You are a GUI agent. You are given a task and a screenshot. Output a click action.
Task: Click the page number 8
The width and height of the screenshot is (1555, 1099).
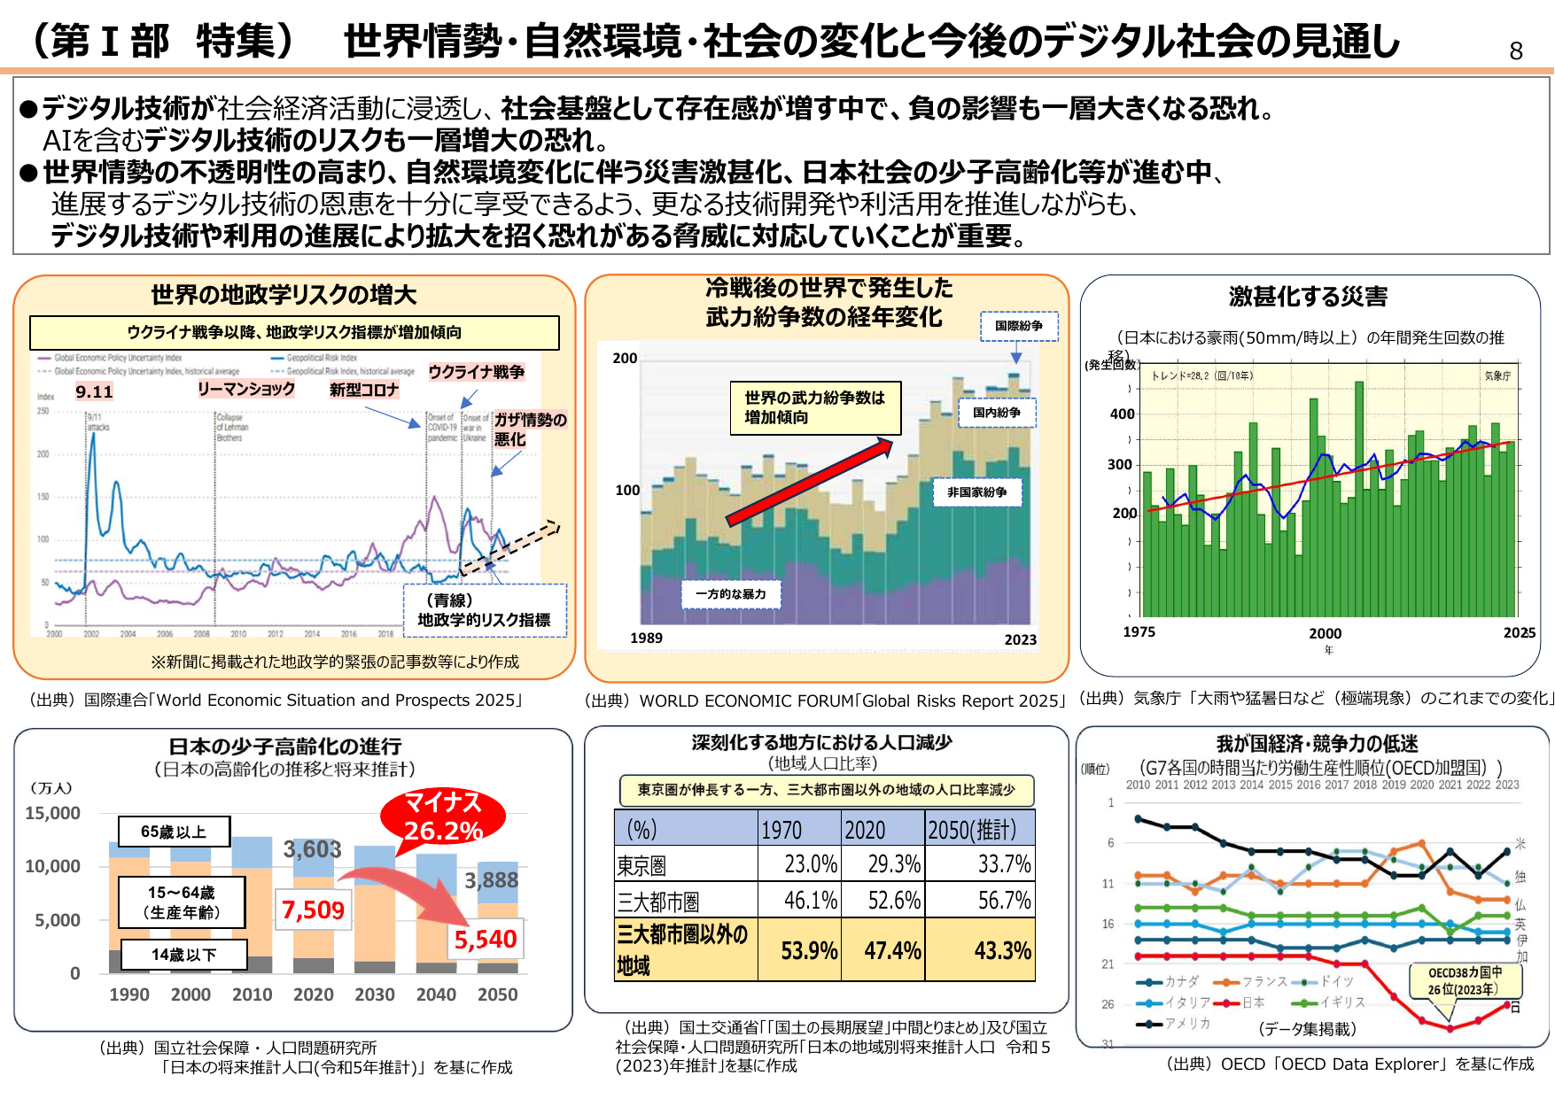1515,51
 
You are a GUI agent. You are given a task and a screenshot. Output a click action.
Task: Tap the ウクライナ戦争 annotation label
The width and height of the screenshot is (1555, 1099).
477,372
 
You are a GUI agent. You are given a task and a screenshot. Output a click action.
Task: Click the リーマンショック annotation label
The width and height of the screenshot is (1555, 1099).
245,389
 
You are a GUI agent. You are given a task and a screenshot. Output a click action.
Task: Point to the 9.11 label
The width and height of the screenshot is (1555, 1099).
94,391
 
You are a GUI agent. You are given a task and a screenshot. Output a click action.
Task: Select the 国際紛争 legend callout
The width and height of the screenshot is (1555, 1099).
1018,326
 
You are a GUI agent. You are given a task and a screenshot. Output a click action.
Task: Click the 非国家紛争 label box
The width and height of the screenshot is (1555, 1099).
976,492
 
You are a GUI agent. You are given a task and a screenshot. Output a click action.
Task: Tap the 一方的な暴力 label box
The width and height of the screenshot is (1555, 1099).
730,594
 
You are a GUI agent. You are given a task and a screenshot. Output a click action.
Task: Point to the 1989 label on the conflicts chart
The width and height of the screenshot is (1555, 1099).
646,638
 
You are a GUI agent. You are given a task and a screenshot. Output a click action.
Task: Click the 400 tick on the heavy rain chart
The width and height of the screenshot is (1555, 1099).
1122,414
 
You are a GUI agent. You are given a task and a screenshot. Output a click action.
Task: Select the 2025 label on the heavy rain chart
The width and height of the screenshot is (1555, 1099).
1519,632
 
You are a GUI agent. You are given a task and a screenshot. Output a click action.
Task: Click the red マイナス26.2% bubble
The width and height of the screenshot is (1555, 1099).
443,817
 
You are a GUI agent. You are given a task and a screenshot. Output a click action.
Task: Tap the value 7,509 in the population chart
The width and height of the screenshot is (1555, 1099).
313,909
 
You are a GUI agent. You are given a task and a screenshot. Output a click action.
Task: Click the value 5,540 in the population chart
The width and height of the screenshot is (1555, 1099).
485,940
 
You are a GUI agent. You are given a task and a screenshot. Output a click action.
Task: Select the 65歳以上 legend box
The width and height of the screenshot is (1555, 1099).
174,832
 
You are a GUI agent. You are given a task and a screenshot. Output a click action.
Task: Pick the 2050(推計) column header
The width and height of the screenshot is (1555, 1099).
978,830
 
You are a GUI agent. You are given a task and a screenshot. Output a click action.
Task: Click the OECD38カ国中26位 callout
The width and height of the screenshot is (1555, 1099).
1464,980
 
